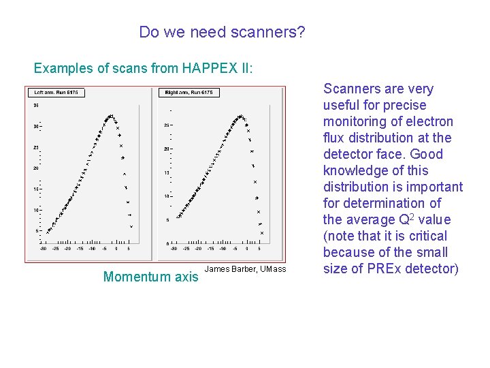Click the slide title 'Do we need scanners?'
point(222,32)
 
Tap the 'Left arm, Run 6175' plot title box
point(57,92)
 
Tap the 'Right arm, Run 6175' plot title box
point(189,92)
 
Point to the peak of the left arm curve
point(109,117)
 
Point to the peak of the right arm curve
point(240,119)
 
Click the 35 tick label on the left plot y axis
point(35,105)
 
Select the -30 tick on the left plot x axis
point(44,248)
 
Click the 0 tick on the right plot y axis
point(167,243)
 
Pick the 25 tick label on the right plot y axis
point(167,125)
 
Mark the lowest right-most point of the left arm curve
point(131,226)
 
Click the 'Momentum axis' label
point(150,277)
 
